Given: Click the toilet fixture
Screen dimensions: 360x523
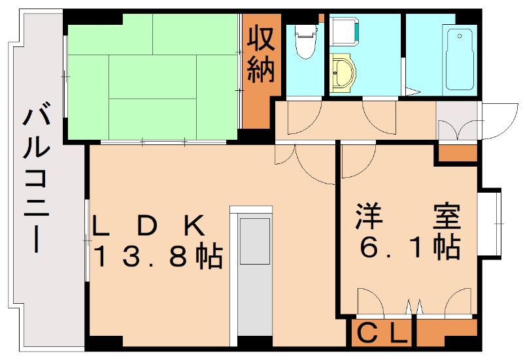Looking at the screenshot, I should (x=305, y=42).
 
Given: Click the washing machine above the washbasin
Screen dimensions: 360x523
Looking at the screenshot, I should (x=344, y=30).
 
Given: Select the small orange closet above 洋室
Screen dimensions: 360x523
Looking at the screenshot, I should (x=457, y=154).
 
